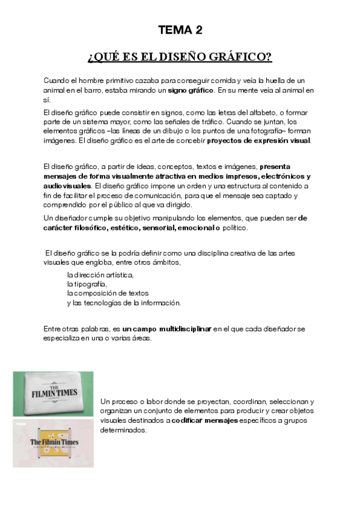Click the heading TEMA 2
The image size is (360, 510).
point(180,29)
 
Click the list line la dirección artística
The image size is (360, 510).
point(100,275)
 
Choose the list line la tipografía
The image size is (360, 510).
point(87,284)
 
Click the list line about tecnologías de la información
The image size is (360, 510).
point(123,303)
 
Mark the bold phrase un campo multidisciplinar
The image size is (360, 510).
point(167,329)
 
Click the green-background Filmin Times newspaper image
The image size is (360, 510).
point(53,394)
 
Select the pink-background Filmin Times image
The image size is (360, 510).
point(53,443)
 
